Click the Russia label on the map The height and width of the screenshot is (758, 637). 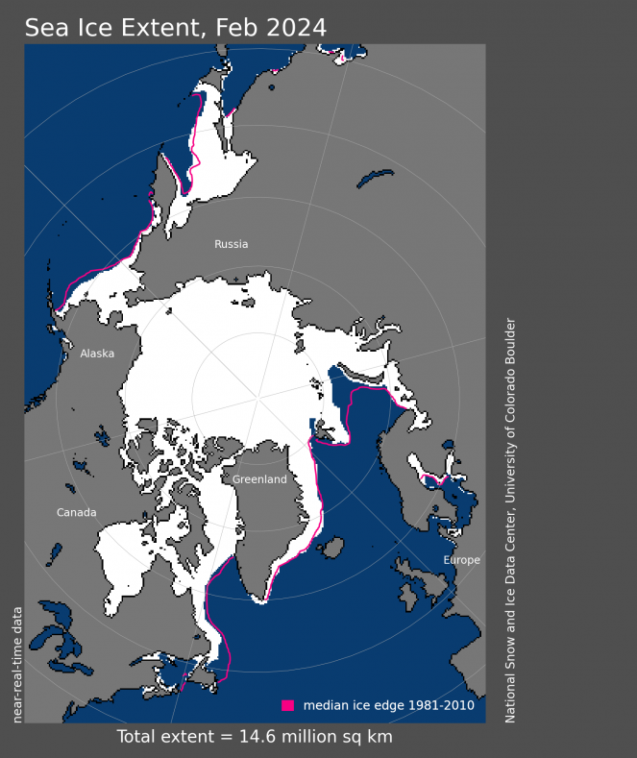coord(232,244)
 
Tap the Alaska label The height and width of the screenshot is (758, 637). coord(97,354)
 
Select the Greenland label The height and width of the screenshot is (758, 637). coord(259,479)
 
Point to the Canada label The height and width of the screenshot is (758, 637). coord(76,512)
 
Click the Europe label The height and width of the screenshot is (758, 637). coord(461,560)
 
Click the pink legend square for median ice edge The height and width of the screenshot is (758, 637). coord(288,705)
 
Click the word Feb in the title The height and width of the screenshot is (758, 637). coord(236,28)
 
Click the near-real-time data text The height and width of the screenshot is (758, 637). coord(16,662)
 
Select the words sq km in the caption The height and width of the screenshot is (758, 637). coord(365,737)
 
